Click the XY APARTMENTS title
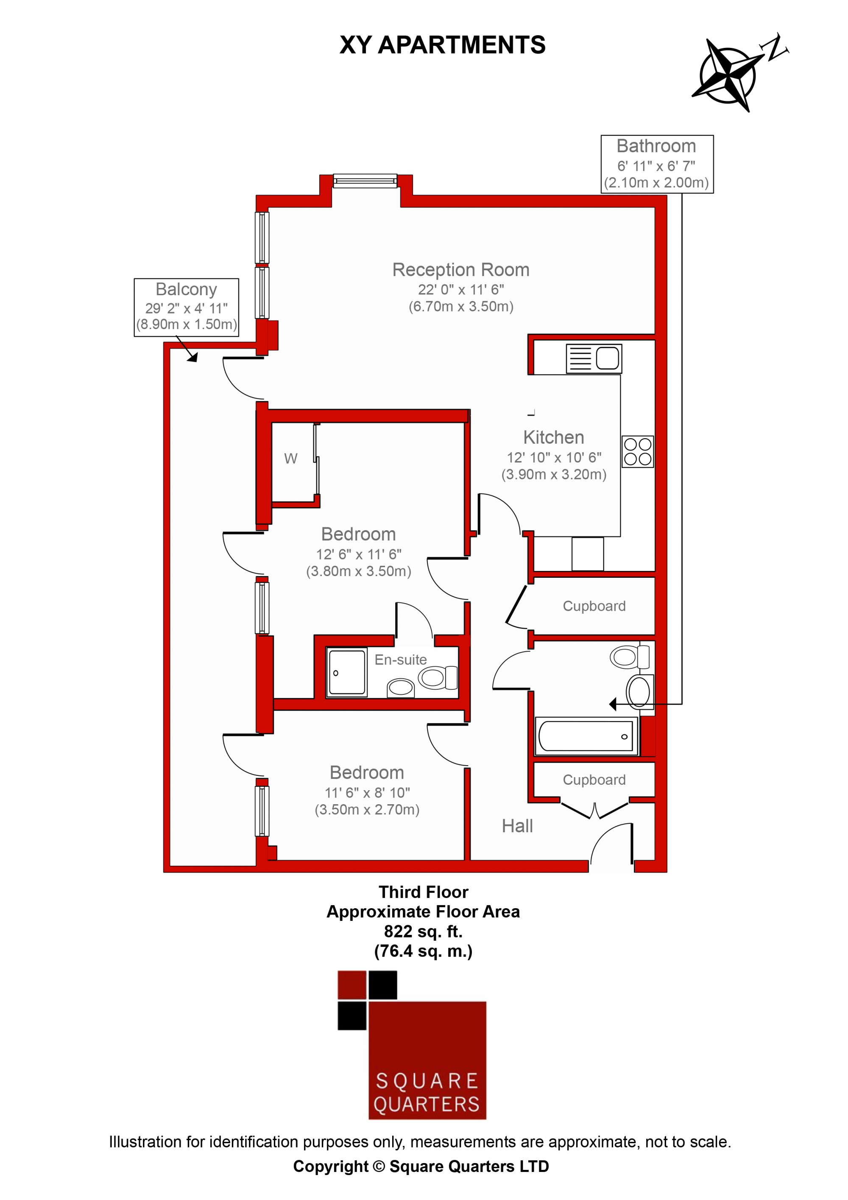tap(443, 45)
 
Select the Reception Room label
tap(461, 270)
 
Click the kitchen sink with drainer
tap(594, 358)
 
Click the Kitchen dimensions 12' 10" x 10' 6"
tap(554, 458)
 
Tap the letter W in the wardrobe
tap(290, 459)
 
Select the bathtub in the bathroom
tap(586, 736)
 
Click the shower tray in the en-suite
tap(346, 673)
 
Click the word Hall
tap(517, 826)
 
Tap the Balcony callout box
tap(187, 307)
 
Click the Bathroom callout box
tap(657, 164)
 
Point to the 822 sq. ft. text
tap(423, 931)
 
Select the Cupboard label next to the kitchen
tap(594, 606)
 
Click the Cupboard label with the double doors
tap(594, 780)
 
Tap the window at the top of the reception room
tap(365, 181)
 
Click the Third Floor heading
tap(423, 892)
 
